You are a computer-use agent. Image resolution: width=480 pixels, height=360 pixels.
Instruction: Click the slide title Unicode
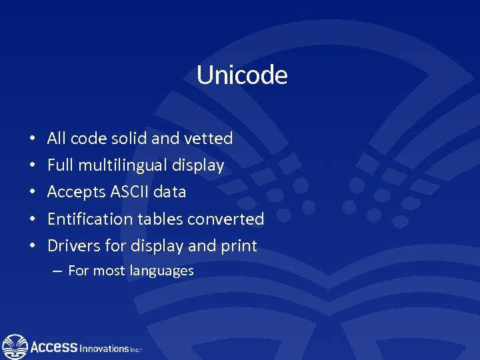click(x=241, y=75)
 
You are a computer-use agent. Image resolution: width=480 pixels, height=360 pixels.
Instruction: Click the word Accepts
click(x=71, y=192)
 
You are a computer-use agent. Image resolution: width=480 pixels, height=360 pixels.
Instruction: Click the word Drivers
click(x=73, y=245)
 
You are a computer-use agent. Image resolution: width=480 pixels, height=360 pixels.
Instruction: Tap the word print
click(x=239, y=245)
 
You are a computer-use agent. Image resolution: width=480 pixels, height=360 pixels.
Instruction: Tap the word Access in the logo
click(x=54, y=347)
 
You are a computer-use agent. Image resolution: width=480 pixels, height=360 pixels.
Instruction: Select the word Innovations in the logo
click(x=105, y=348)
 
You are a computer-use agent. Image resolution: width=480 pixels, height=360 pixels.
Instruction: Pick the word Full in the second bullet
click(x=60, y=165)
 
